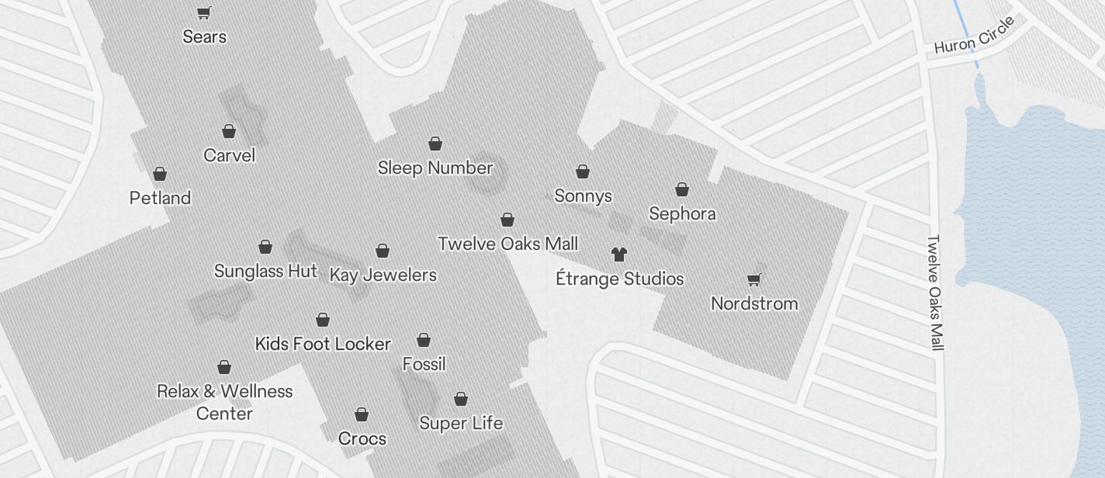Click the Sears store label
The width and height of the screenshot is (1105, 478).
coord(205,36)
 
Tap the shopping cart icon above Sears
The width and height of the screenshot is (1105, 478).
coord(203,12)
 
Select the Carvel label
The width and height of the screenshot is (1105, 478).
coord(229,155)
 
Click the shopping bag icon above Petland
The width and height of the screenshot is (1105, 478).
coord(160,173)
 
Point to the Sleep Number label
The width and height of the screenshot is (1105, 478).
coord(435,168)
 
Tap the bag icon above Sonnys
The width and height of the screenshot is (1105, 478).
coord(583,171)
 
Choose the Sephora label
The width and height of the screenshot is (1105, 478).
coord(682,213)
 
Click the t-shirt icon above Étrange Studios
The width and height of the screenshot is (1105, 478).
coord(619,254)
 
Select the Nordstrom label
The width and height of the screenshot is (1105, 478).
coord(754,303)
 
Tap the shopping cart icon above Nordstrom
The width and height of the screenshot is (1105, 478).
coord(753,279)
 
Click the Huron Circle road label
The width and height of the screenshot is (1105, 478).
coord(974,36)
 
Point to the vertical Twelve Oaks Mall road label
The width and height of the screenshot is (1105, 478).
coord(935,293)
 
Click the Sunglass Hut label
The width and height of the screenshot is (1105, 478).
coord(265,271)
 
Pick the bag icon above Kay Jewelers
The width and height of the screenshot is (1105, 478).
coord(383,251)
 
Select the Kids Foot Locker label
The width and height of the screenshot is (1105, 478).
coord(323,344)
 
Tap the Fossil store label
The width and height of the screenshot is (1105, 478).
coord(424,364)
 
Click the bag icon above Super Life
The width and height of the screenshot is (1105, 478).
coord(461,399)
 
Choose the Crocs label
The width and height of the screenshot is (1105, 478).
coord(362,438)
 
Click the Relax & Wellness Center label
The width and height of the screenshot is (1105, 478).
coord(224,402)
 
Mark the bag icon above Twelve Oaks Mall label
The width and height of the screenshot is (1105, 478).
coord(507,220)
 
